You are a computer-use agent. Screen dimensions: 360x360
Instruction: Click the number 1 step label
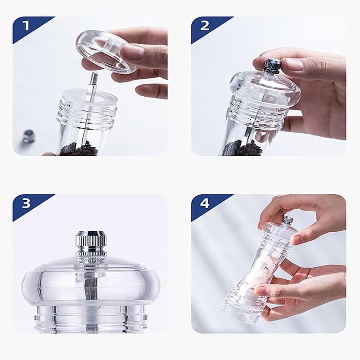(27, 26)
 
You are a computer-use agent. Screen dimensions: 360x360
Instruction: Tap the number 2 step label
(205, 26)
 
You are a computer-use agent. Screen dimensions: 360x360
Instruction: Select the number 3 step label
(26, 203)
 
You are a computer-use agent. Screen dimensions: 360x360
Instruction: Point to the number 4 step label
(205, 203)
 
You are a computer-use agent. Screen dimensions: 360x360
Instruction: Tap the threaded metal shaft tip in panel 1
(94, 77)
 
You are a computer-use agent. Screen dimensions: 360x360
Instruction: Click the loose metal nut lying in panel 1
(27, 136)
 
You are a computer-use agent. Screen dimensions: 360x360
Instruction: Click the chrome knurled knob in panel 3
(91, 246)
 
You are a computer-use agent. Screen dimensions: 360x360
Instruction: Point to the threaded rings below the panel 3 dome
(90, 319)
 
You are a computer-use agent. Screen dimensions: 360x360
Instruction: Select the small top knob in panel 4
(288, 220)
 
